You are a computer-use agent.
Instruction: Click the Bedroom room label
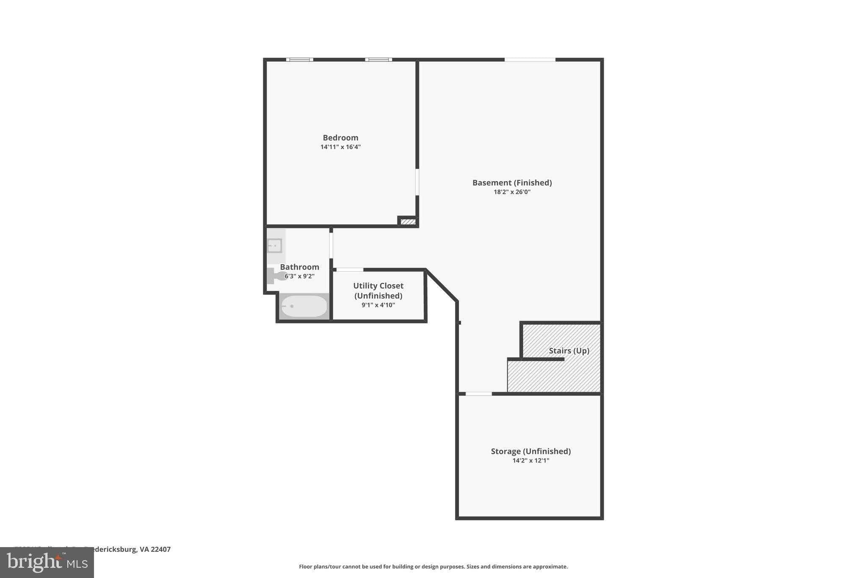(x=340, y=138)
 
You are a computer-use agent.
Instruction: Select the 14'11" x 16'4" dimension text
(x=340, y=147)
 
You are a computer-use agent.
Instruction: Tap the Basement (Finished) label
(x=512, y=183)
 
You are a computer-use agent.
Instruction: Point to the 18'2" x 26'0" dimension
(x=512, y=192)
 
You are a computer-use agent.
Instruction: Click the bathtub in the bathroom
(x=304, y=306)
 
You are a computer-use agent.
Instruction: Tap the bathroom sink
(x=274, y=246)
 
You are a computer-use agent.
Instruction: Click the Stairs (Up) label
(x=569, y=351)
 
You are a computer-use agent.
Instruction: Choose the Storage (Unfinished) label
(x=530, y=451)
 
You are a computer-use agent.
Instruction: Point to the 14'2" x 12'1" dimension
(x=530, y=461)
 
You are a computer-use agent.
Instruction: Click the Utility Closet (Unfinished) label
(x=378, y=290)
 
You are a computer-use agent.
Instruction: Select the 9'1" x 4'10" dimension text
(x=378, y=305)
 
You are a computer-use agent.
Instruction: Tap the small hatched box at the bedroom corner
(x=408, y=221)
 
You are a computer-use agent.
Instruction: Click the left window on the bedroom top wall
(x=300, y=60)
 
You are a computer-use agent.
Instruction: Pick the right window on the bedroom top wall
(x=378, y=60)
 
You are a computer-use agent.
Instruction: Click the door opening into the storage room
(x=478, y=394)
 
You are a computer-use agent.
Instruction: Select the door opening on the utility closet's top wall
(x=350, y=270)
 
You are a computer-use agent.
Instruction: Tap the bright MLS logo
(x=47, y=562)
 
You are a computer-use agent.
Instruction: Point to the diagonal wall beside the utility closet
(x=442, y=285)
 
